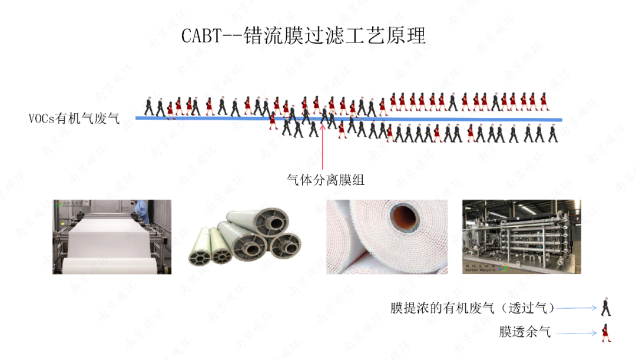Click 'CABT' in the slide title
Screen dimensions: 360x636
click(x=201, y=36)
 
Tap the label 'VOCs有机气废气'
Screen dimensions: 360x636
click(x=74, y=118)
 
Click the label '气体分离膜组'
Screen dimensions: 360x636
click(x=325, y=180)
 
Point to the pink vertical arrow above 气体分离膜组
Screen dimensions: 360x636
click(x=323, y=147)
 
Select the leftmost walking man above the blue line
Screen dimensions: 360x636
click(x=149, y=106)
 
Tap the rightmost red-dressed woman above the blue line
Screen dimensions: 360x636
click(x=543, y=101)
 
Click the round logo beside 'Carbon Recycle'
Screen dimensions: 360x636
click(x=503, y=267)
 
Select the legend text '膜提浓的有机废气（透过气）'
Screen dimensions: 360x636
click(x=473, y=308)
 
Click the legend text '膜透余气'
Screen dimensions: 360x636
click(x=525, y=332)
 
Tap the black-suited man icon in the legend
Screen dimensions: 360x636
click(x=605, y=307)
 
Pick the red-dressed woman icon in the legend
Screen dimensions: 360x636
click(x=605, y=333)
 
